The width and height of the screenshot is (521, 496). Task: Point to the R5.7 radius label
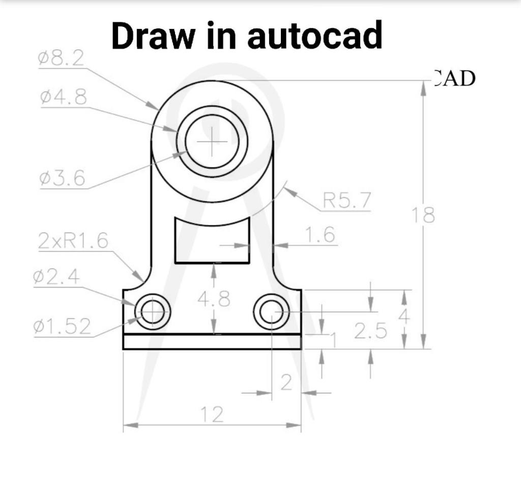[x=347, y=201]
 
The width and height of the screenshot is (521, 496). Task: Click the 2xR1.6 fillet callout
[x=73, y=241]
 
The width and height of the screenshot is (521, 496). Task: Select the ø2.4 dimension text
[x=56, y=277]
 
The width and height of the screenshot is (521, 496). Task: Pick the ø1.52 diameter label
[x=63, y=327]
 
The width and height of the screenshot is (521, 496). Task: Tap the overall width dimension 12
[x=212, y=415]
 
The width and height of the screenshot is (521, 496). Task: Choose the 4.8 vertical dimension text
[x=214, y=300]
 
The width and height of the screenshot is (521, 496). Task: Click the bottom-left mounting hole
[x=153, y=311]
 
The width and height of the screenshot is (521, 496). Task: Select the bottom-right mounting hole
[x=272, y=311]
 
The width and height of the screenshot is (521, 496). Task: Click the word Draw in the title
[x=151, y=35]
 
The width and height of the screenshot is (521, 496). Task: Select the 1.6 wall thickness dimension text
[x=320, y=235]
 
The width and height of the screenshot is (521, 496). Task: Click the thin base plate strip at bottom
[x=212, y=342]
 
